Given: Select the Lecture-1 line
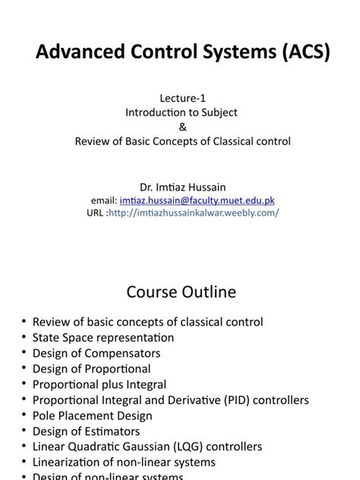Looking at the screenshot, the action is point(179,98).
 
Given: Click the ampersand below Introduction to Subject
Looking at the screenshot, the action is point(180,126).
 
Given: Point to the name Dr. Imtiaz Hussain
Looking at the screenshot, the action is point(180,187).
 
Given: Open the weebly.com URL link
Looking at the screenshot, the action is point(194,213).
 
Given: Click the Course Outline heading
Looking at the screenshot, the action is point(180,292).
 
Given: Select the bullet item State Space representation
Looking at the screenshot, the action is point(103,337).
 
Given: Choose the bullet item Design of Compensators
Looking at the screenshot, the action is point(96,353).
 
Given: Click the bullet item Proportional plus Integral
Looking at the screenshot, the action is point(99,384).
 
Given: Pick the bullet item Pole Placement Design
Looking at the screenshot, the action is point(92,415).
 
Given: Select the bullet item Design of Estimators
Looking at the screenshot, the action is point(86,431).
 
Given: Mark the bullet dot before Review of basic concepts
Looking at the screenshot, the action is point(24,322).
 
